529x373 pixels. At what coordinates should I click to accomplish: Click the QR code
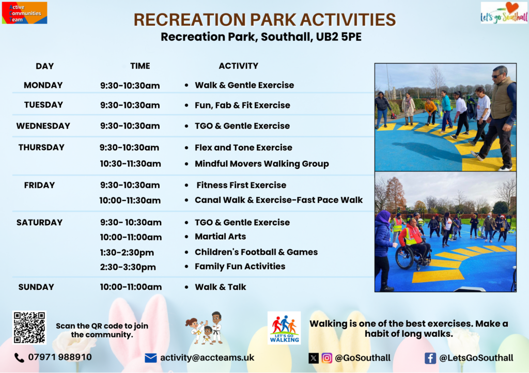point(29,328)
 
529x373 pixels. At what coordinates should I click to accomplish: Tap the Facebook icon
point(430,358)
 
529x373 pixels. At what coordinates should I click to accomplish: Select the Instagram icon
point(326,358)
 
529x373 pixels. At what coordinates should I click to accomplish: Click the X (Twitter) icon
point(314,358)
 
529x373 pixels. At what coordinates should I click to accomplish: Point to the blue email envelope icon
point(150,358)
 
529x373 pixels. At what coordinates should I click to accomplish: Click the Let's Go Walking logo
point(284,328)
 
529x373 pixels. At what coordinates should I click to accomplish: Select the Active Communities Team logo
point(24,13)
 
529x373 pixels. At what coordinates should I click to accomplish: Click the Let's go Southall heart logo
point(504,13)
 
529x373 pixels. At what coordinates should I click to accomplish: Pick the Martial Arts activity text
point(220,237)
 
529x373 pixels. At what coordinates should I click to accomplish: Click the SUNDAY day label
point(36,287)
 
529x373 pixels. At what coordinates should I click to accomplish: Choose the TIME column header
point(140,66)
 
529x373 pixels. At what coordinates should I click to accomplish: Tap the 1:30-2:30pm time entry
point(127,253)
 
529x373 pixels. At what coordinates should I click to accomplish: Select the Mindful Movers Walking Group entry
point(262,164)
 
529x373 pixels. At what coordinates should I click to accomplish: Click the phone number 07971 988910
point(60,357)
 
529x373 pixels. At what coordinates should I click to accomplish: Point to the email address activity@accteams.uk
point(207,358)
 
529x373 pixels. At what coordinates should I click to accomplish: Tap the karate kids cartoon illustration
point(204,328)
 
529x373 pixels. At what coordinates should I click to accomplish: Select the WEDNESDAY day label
point(43,126)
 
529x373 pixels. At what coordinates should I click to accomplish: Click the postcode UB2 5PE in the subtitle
point(338,37)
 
